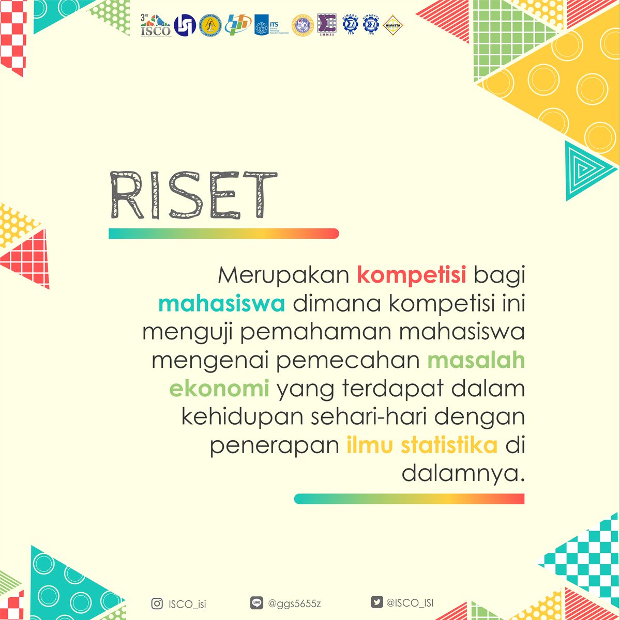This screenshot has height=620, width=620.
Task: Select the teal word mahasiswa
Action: (222, 304)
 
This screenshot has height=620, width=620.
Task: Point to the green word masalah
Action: (476, 361)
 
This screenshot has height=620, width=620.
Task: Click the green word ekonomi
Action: (219, 389)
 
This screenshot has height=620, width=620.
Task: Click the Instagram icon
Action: (157, 603)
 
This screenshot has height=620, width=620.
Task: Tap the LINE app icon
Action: (255, 603)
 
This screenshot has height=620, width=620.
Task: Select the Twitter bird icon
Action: (376, 602)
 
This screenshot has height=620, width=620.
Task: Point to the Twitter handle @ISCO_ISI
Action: (413, 603)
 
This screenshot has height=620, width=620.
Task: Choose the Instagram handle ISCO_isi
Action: (187, 603)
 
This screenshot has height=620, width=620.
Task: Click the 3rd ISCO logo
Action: (155, 25)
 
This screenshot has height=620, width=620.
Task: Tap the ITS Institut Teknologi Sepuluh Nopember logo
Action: (271, 25)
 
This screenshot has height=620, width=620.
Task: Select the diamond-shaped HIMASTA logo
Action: (393, 25)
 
